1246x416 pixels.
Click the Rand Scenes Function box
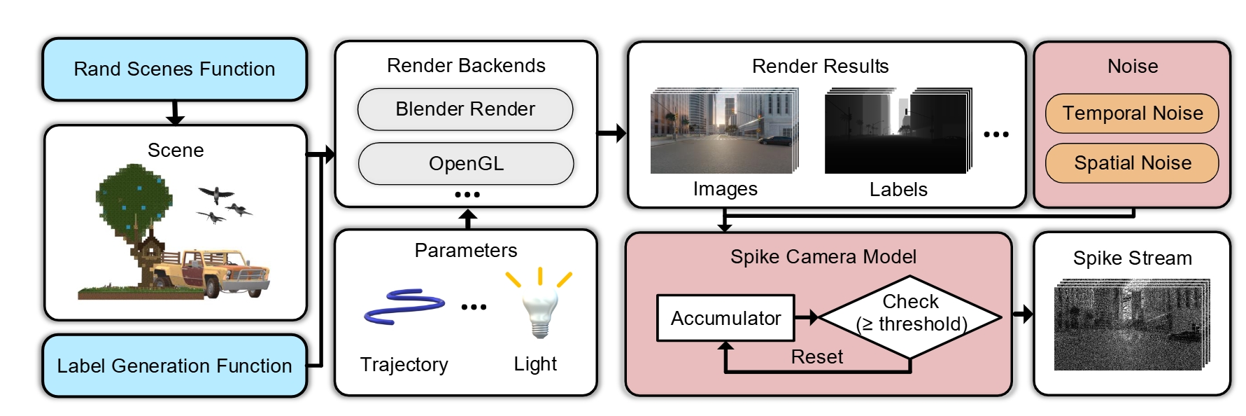point(174,69)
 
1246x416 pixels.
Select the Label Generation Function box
point(174,366)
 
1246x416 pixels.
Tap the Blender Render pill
point(465,109)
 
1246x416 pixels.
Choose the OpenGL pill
point(466,164)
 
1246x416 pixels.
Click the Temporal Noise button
point(1132,113)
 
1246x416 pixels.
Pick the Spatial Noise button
point(1132,163)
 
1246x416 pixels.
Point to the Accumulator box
point(725,318)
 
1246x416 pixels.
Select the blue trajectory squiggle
point(404,306)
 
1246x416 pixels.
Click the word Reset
point(816,357)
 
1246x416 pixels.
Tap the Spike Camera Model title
point(823,257)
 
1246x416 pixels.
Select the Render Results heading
point(820,67)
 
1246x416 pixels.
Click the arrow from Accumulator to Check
point(807,317)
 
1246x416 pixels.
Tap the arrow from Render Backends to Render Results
point(611,133)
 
